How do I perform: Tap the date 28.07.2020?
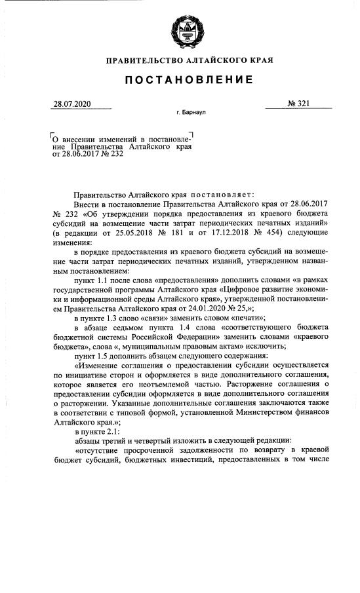point(73,105)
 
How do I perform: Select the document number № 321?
point(299,105)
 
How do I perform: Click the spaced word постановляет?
point(217,194)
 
